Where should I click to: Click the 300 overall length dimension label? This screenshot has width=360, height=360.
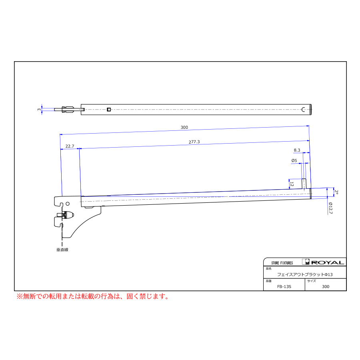pyautogui.click(x=184, y=127)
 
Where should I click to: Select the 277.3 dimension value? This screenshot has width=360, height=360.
pyautogui.click(x=194, y=142)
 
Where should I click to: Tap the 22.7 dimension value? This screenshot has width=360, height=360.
pyautogui.click(x=70, y=146)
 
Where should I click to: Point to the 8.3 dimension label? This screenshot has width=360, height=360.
pyautogui.click(x=297, y=150)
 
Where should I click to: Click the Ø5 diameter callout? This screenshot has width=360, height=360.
pyautogui.click(x=294, y=160)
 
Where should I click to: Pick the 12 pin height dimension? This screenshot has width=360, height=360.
pyautogui.click(x=292, y=184)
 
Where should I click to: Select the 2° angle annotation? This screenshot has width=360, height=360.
pyautogui.click(x=336, y=192)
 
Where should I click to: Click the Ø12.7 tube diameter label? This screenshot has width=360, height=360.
pyautogui.click(x=330, y=208)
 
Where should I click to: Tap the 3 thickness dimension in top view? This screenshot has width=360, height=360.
pyautogui.click(x=39, y=109)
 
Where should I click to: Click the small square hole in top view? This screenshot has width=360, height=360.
pyautogui.click(x=109, y=110)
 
